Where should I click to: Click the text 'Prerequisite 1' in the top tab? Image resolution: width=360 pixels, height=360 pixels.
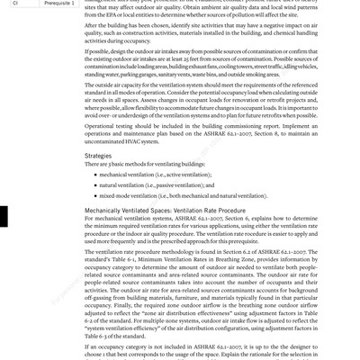[x=60, y=3]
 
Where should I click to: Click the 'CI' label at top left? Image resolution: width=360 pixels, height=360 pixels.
[x=15, y=3]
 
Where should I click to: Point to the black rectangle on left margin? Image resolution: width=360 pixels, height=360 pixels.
[x=4, y=216]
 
